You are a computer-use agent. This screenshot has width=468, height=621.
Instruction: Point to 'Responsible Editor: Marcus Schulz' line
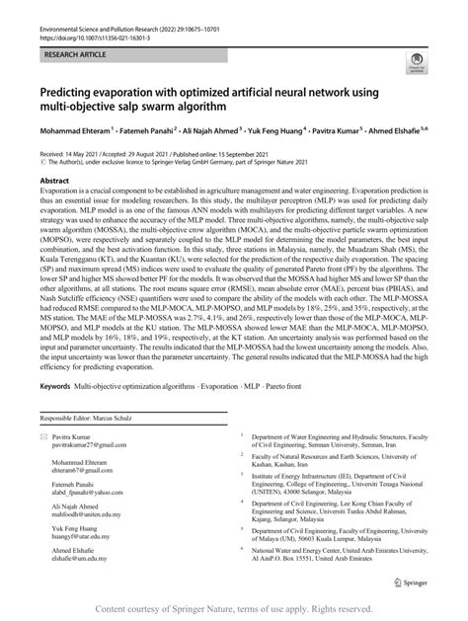(x=88, y=446)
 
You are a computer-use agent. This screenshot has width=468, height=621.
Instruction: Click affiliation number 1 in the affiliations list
(x=251, y=462)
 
